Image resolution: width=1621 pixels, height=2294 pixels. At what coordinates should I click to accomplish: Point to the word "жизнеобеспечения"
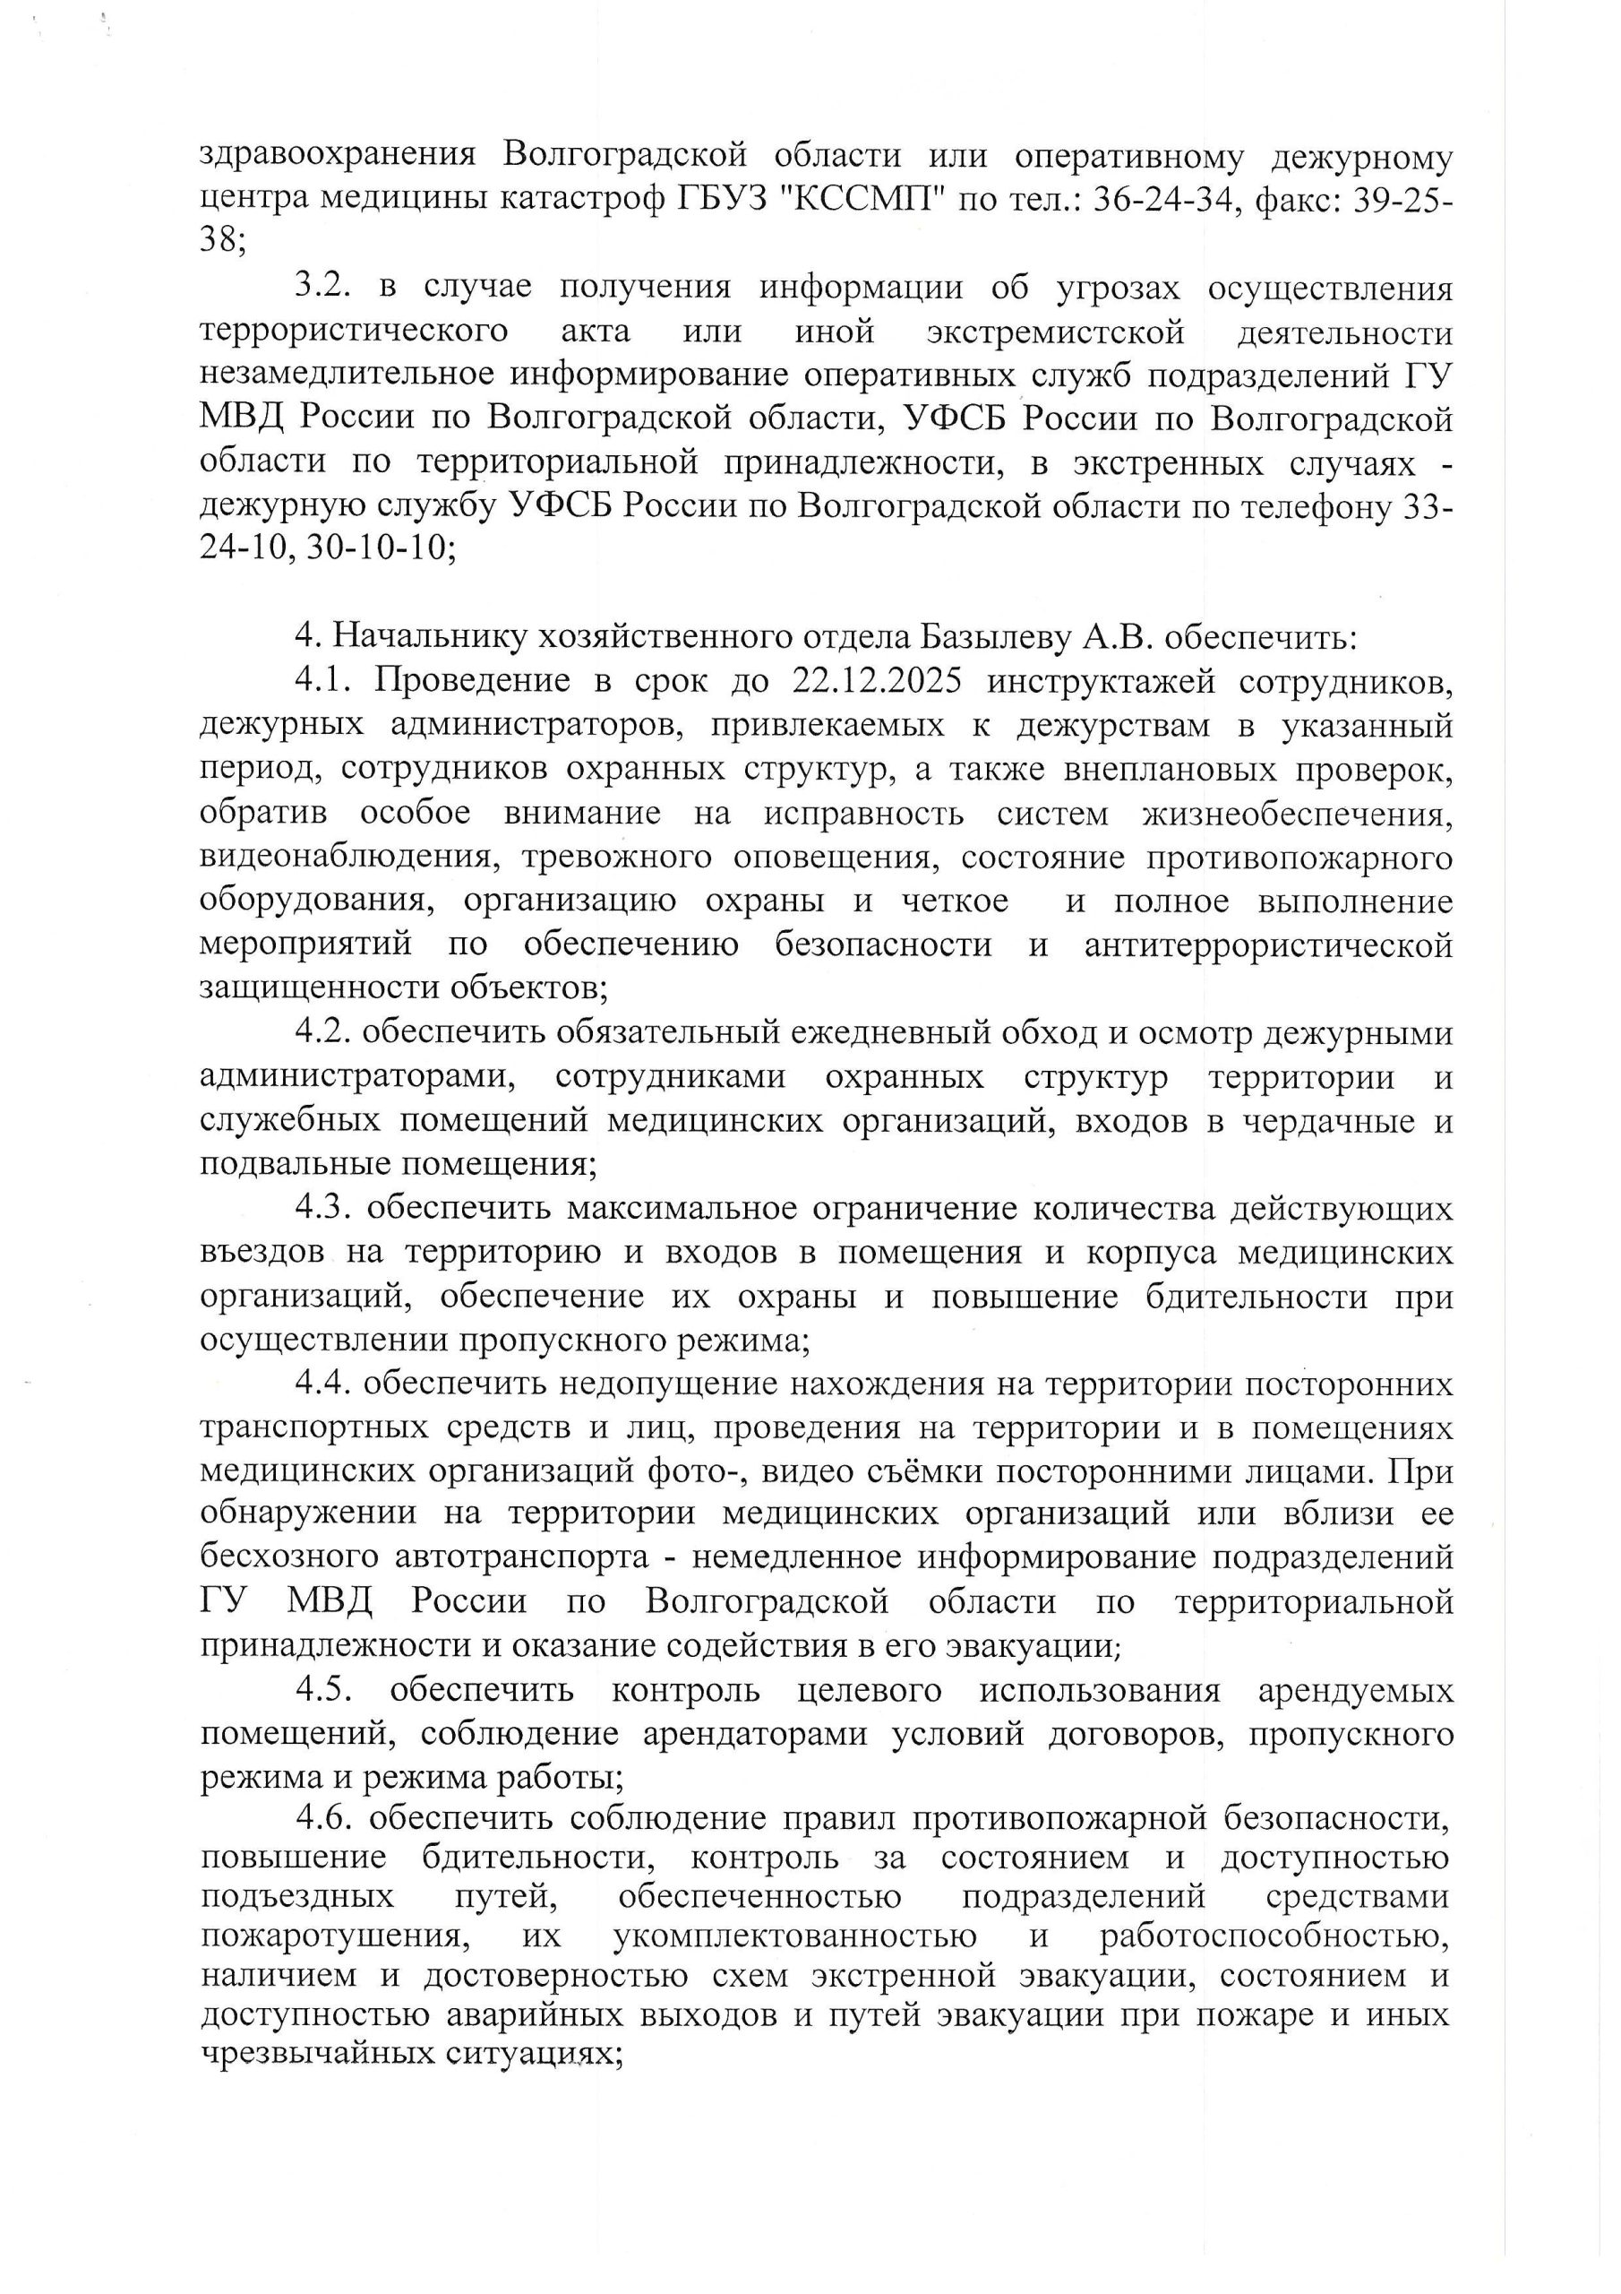(1298, 814)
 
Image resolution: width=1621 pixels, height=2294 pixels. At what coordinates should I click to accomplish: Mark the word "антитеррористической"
(1268, 944)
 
